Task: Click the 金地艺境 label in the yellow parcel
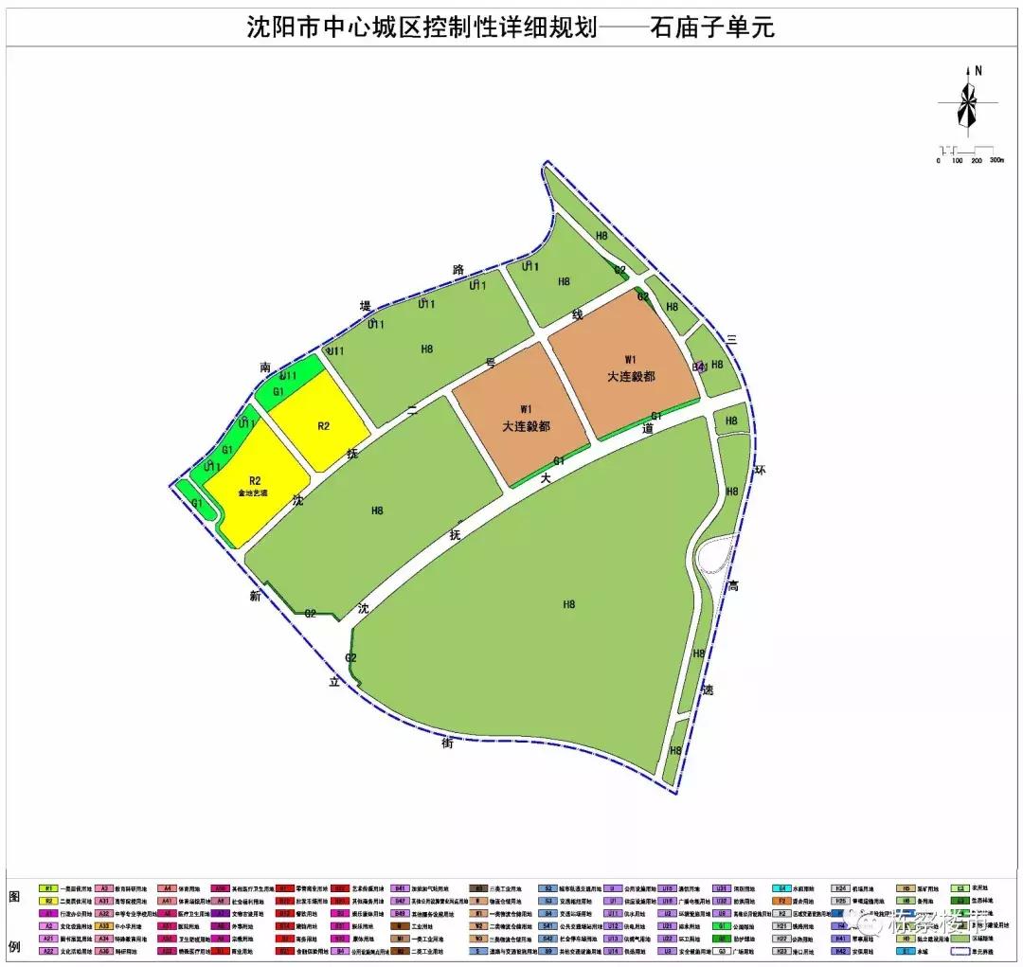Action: pyautogui.click(x=253, y=493)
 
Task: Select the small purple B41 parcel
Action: pyautogui.click(x=700, y=367)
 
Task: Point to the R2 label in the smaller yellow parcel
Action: pyautogui.click(x=323, y=426)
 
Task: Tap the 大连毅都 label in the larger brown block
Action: pyautogui.click(x=631, y=376)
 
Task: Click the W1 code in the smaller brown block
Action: pyautogui.click(x=525, y=409)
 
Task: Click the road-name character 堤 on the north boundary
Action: pyautogui.click(x=366, y=305)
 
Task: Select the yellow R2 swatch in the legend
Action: pyautogui.click(x=48, y=902)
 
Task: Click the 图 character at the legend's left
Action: pyautogui.click(x=14, y=895)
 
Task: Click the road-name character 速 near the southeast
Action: pyautogui.click(x=707, y=691)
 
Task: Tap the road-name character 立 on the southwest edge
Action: pyautogui.click(x=334, y=681)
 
